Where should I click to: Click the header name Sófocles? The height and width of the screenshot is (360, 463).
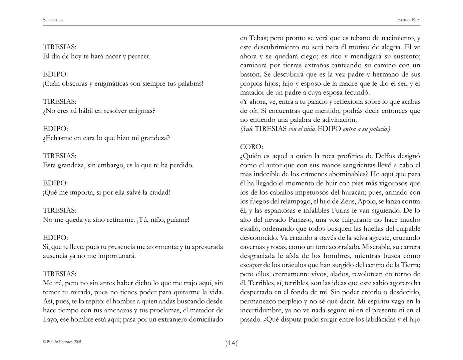click(x=53, y=20)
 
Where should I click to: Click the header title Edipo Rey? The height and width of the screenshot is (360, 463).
click(x=408, y=20)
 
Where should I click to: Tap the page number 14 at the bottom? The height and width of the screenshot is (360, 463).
click(x=232, y=343)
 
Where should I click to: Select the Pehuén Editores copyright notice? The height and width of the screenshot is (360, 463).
click(x=63, y=342)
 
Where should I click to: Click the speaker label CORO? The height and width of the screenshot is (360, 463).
click(x=251, y=147)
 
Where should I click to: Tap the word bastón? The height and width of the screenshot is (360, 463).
click(x=250, y=74)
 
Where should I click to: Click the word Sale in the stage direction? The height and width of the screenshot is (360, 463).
click(x=247, y=129)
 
